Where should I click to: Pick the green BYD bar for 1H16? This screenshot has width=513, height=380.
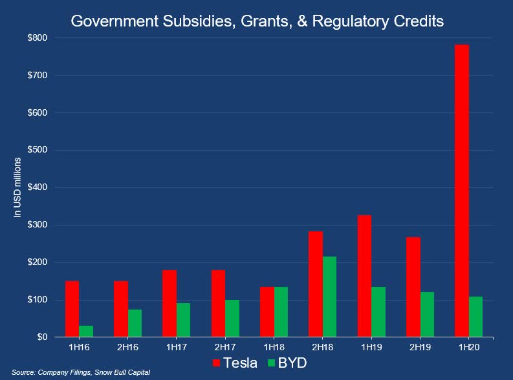coord(85,331)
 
